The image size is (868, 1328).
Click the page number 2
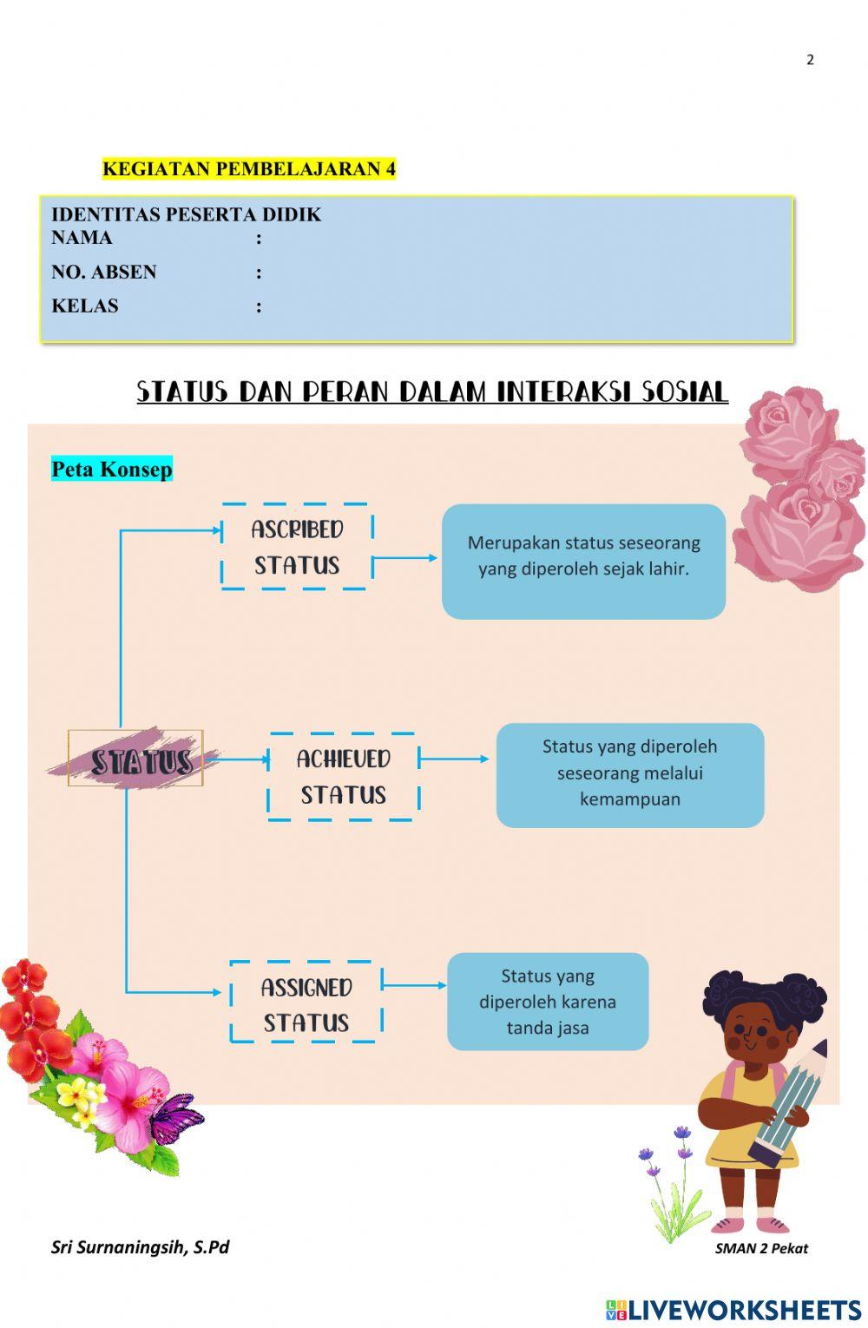[x=810, y=60]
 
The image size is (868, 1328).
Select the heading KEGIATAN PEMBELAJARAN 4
[x=248, y=169]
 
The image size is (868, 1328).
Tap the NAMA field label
[x=82, y=238]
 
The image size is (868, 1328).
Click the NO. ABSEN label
[x=104, y=273]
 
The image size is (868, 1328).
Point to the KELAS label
[x=85, y=306]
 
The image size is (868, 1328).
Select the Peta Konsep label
[x=112, y=470]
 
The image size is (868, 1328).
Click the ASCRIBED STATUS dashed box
[x=297, y=547]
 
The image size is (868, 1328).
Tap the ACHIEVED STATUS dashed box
[x=344, y=777]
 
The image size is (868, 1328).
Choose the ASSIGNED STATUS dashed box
[x=306, y=1004]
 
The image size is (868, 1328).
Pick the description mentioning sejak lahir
[x=583, y=561]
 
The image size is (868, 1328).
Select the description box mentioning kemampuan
[x=630, y=774]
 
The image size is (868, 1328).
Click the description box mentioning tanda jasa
[x=548, y=1002]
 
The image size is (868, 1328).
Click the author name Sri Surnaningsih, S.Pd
[x=140, y=1247]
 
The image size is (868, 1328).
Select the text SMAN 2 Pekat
[x=761, y=1249]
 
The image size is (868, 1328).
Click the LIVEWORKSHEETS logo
[x=733, y=1310]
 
